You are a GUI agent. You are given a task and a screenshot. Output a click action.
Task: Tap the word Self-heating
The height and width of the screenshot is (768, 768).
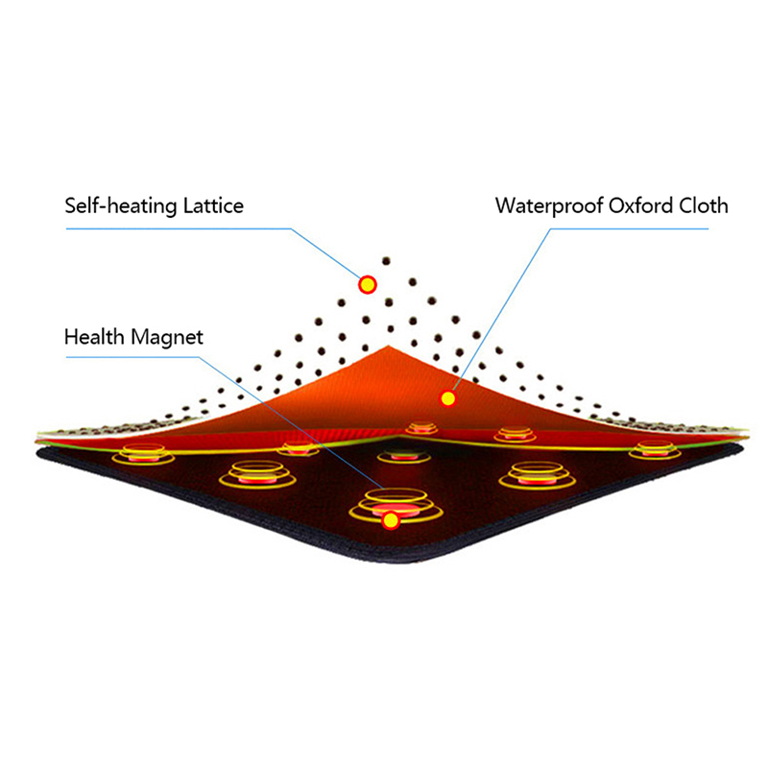click(x=113, y=205)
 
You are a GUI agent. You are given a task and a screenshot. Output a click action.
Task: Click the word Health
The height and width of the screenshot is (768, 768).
click(x=93, y=337)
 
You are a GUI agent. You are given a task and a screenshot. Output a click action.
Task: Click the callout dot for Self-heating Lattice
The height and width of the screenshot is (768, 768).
click(x=367, y=284)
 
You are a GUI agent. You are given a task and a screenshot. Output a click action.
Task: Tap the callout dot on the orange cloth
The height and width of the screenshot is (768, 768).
click(x=446, y=397)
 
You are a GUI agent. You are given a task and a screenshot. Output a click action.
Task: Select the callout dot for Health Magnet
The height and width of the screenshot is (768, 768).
click(x=391, y=520)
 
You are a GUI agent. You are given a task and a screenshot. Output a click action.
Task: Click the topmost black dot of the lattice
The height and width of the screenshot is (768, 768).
click(x=386, y=259)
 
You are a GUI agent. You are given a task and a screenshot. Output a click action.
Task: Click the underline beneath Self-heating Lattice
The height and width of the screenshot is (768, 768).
click(x=173, y=228)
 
